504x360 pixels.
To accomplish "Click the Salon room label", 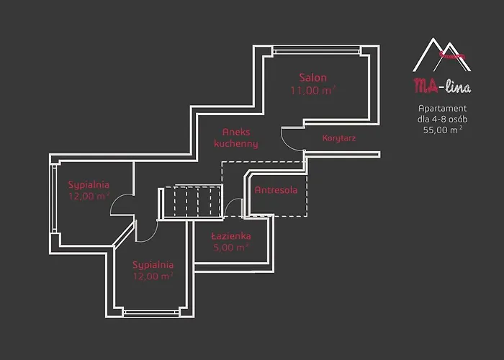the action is point(312,78).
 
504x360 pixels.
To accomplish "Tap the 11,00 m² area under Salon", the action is point(312,90).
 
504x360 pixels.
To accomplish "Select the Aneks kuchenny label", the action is point(236,138).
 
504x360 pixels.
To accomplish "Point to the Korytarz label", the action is point(339,138).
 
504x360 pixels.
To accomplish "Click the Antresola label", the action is point(276,190).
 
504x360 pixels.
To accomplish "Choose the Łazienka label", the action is point(231,236).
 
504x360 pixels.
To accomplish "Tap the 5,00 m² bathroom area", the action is point(230,248).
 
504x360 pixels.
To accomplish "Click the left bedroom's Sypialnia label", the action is point(89,185).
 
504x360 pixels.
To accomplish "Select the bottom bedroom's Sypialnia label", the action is point(153,265).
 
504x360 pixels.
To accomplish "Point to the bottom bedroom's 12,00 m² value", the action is point(153,276).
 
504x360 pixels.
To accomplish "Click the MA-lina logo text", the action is point(442,86).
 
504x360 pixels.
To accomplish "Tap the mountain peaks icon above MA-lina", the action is point(441,55).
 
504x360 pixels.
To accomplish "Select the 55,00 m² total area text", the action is point(443,130).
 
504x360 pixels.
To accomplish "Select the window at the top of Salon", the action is point(316,50).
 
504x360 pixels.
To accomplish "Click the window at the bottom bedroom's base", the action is point(151,312).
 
